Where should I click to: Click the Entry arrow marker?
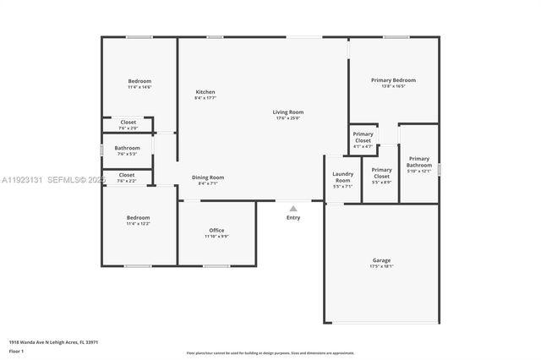click(x=293, y=208)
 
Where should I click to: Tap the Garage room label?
click(x=381, y=260)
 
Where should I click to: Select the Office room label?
click(x=216, y=231)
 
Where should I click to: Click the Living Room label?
click(x=287, y=112)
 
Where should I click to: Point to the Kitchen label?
click(x=205, y=92)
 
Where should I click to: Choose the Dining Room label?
click(x=207, y=177)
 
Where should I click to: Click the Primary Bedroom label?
click(x=393, y=80)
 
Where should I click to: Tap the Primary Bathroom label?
click(x=419, y=161)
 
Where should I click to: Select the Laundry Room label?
click(x=342, y=177)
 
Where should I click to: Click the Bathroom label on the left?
click(x=128, y=148)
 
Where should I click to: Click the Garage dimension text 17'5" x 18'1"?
click(x=381, y=266)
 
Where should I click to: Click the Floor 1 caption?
click(x=17, y=350)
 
